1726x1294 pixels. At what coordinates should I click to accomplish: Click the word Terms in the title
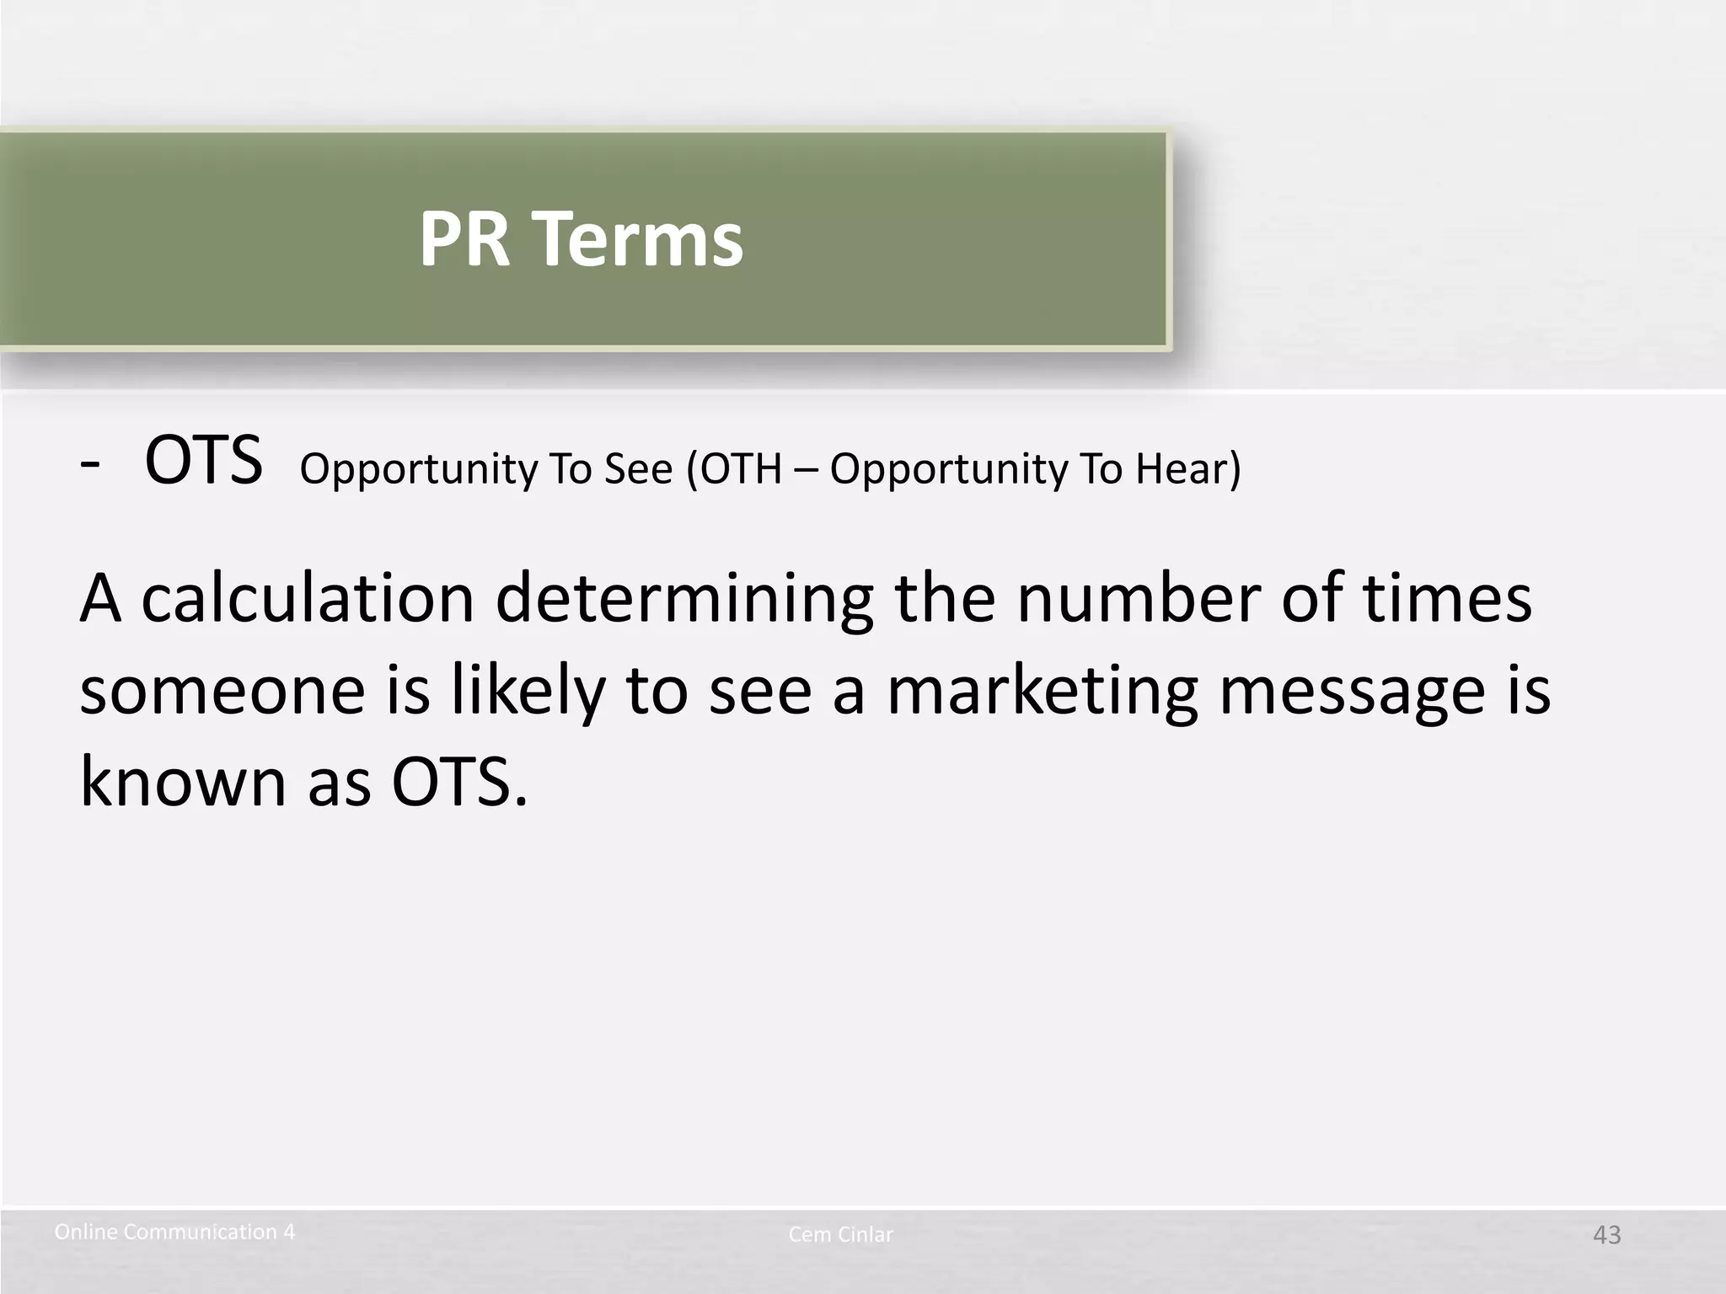tap(640, 240)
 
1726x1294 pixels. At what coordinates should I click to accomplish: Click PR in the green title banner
tap(464, 240)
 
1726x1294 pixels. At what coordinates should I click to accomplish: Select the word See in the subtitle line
tap(638, 469)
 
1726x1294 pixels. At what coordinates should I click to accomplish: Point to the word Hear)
tap(1187, 469)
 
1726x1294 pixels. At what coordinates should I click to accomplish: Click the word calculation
tap(308, 598)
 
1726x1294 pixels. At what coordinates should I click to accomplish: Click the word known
tap(183, 782)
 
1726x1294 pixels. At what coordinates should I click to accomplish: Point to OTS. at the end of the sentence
tap(459, 782)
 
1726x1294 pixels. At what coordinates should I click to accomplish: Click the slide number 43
tap(1606, 1235)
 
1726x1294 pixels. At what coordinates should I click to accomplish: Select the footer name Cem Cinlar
tap(840, 1235)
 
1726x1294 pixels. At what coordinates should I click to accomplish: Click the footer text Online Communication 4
tap(174, 1233)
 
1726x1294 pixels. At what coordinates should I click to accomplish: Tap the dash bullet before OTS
tap(89, 466)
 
